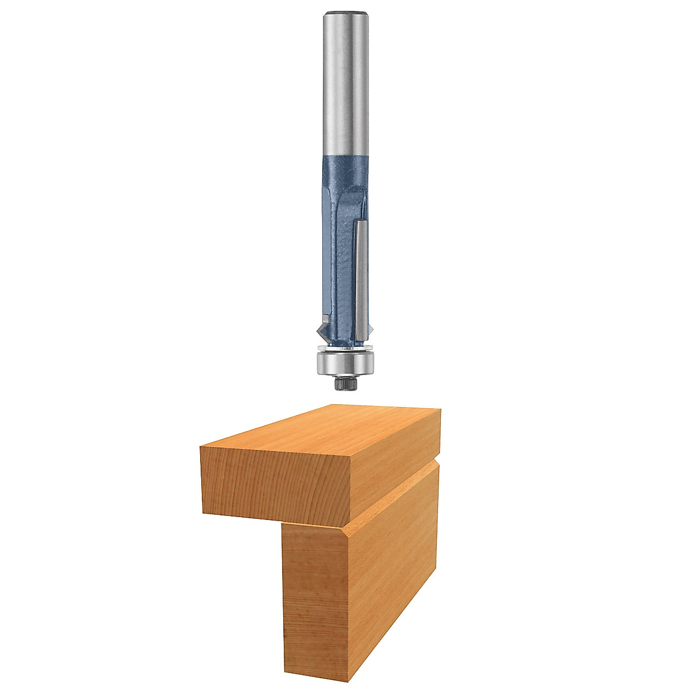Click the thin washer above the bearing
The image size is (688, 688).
coord(345,348)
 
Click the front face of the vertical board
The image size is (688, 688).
coord(315,602)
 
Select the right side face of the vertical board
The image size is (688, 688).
coord(396,573)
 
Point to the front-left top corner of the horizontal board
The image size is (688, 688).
coord(201,447)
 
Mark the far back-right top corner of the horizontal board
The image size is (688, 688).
coord(440,409)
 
